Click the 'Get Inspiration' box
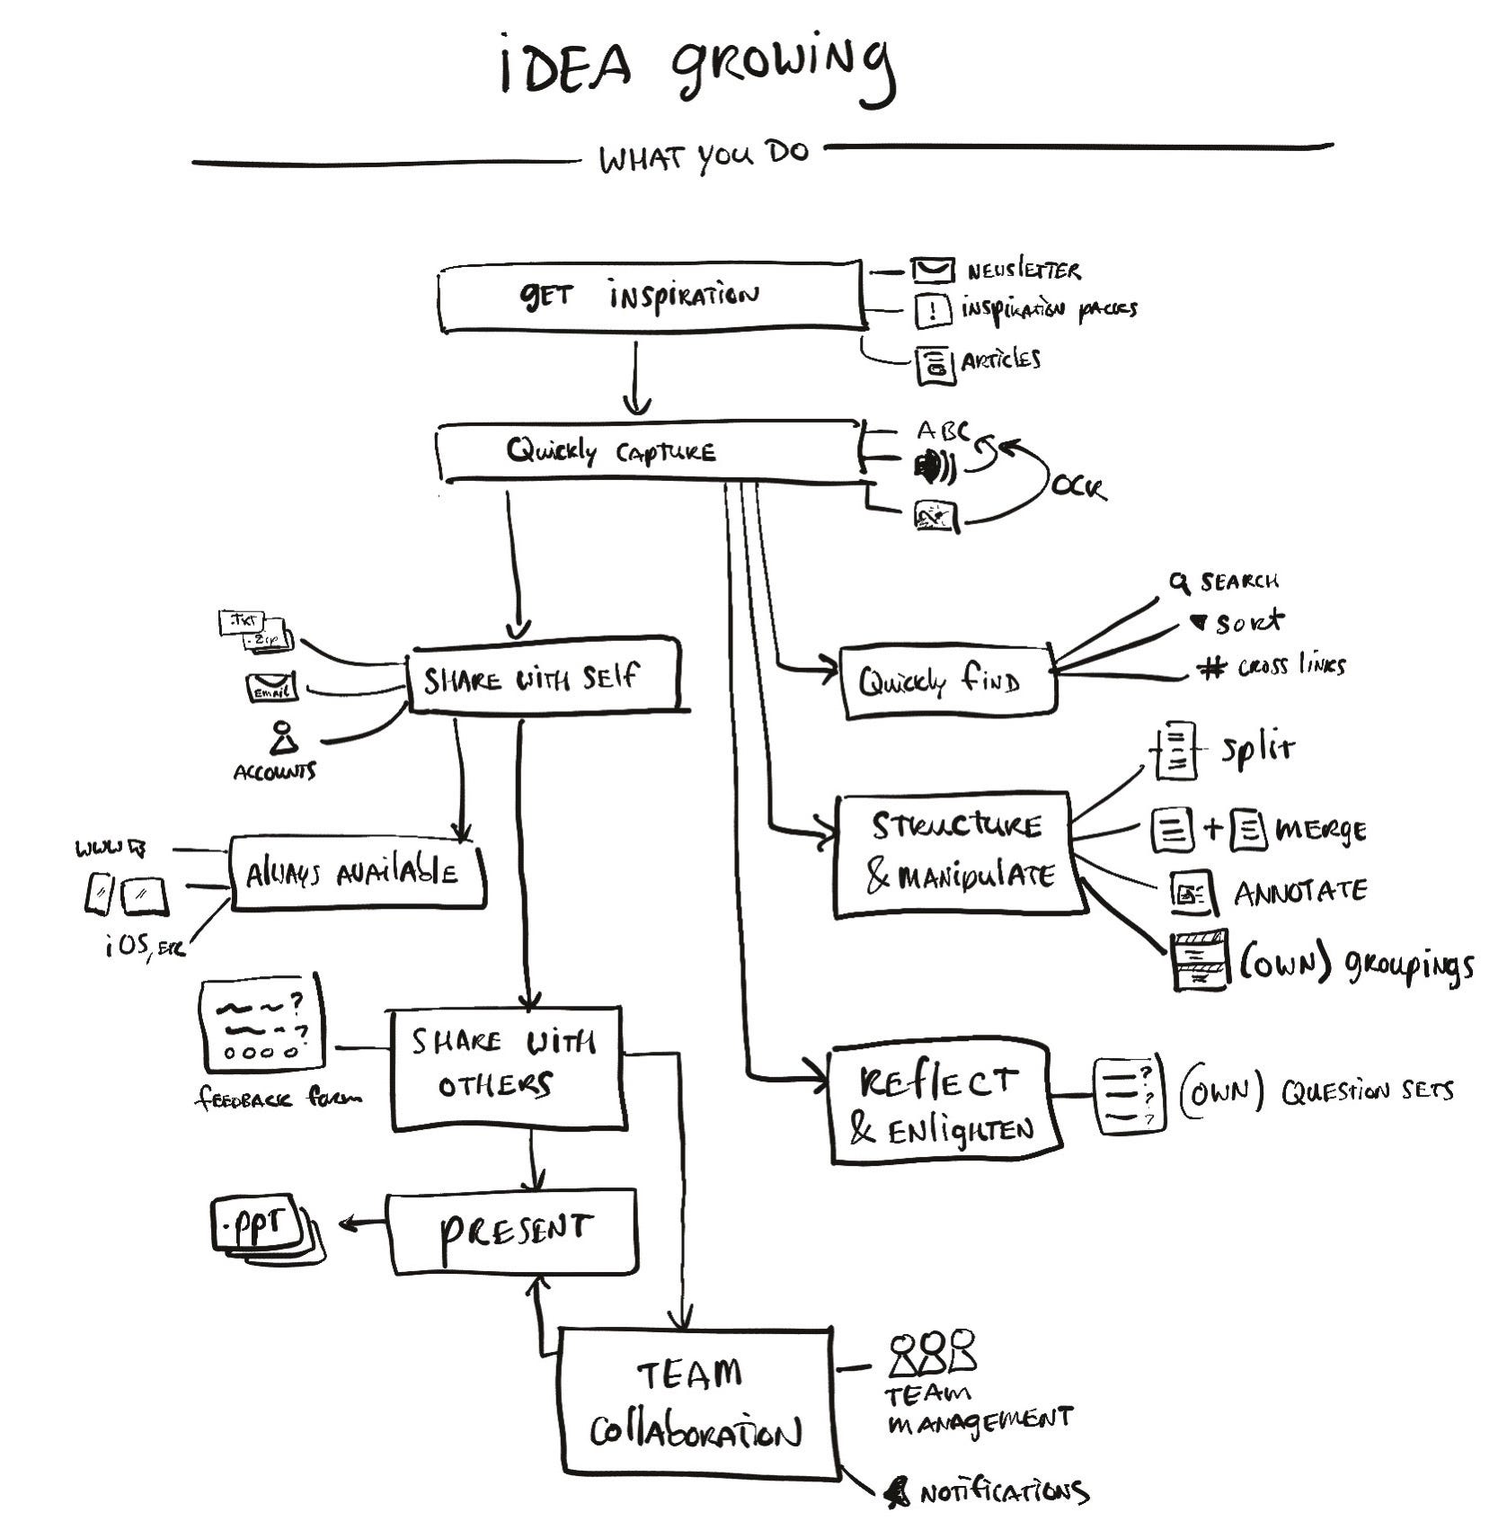tap(651, 298)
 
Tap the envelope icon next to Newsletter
tap(932, 270)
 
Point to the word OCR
tap(1078, 487)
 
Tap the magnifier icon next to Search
tap(1179, 583)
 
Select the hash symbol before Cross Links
tap(1211, 668)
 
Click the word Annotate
tap(1299, 893)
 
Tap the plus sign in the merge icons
tap(1213, 828)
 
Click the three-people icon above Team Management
tap(933, 1354)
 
